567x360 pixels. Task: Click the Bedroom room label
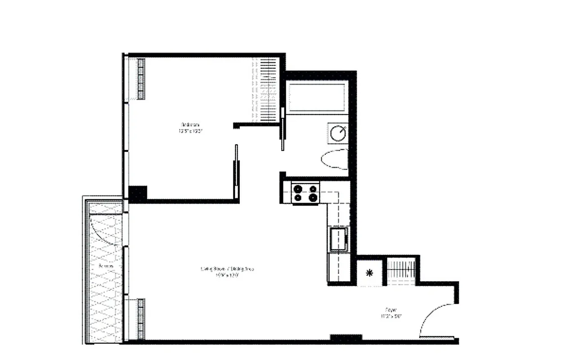pos(190,125)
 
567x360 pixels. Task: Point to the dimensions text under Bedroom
pos(191,131)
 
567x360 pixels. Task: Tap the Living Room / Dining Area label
pos(227,269)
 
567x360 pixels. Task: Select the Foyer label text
pos(390,310)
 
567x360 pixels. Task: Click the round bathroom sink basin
pos(338,133)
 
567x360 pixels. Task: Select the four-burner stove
pos(306,193)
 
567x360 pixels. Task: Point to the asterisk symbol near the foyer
pos(369,273)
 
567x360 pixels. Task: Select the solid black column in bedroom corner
pos(138,193)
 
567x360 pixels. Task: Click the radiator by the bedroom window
pos(141,79)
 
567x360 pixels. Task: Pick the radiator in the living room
pos(141,319)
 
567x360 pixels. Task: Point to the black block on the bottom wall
pos(346,337)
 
